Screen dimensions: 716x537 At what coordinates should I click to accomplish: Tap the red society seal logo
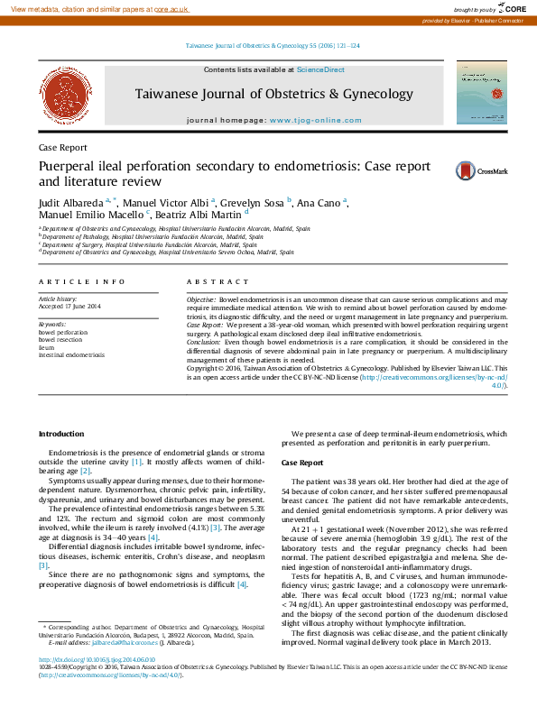(58, 93)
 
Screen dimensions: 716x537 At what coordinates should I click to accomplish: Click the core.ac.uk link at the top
(171, 8)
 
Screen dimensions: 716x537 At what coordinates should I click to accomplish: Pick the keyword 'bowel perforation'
(63, 332)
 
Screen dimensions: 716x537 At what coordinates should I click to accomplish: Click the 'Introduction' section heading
(60, 434)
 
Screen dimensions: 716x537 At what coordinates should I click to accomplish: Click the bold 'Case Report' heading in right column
(301, 462)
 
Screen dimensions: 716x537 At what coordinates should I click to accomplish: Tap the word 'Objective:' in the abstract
(201, 298)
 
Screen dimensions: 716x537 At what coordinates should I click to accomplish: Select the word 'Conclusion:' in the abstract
(203, 343)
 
